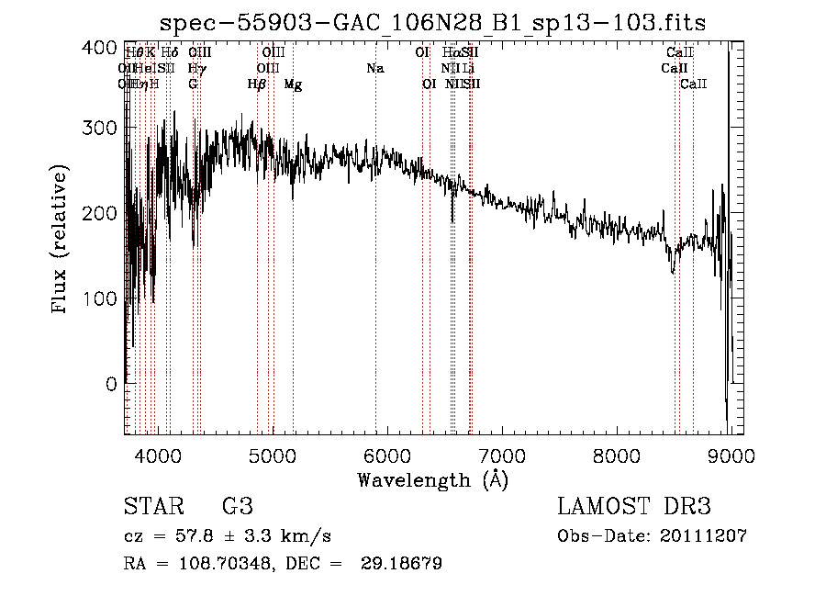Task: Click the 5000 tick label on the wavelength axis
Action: click(x=272, y=455)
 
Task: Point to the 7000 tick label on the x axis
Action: click(x=501, y=455)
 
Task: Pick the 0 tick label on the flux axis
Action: click(x=111, y=384)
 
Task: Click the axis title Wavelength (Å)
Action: click(x=433, y=479)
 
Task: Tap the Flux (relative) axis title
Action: click(x=61, y=241)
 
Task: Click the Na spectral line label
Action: click(x=374, y=68)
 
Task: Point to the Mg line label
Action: click(x=293, y=84)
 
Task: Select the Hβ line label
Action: click(x=257, y=84)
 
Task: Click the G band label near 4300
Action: click(x=193, y=84)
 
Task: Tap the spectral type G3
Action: click(x=238, y=507)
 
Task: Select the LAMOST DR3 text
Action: click(x=634, y=507)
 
